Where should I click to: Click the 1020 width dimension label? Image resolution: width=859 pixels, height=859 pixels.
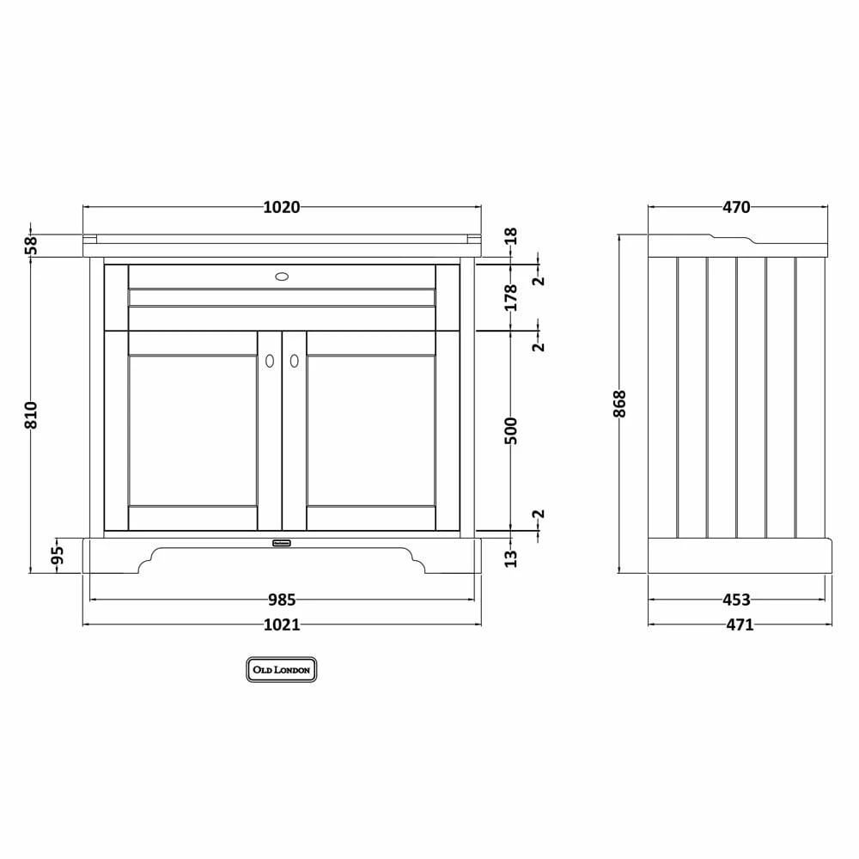coord(281,207)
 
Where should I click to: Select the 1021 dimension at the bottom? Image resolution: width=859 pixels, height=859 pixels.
coord(281,624)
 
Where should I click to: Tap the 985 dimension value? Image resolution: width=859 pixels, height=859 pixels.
coord(281,600)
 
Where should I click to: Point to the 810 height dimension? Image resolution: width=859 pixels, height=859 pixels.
coord(32,415)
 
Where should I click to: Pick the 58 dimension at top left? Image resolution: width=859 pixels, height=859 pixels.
coord(32,245)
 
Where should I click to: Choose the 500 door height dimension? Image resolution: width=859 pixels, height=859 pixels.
coord(511,430)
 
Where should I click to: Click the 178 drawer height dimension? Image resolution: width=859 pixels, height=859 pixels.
coord(511,296)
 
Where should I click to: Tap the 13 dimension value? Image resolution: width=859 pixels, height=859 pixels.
coord(511,557)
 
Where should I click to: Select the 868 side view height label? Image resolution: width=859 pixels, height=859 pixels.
coord(620,404)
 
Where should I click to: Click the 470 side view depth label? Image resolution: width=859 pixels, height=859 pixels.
coord(736,207)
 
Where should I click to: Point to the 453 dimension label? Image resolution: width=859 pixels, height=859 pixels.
coord(736,600)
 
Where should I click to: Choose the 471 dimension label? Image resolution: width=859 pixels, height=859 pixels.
coord(736,624)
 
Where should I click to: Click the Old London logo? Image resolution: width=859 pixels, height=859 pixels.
coord(282,669)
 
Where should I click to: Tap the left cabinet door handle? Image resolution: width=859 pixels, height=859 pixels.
coord(270,362)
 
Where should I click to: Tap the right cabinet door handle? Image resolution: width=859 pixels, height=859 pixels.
coord(294,362)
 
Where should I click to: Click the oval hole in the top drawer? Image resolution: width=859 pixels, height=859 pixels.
coord(282,277)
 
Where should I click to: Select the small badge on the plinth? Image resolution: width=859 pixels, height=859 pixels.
coord(282,542)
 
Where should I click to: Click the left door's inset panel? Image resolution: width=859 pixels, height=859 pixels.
coord(192,430)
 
